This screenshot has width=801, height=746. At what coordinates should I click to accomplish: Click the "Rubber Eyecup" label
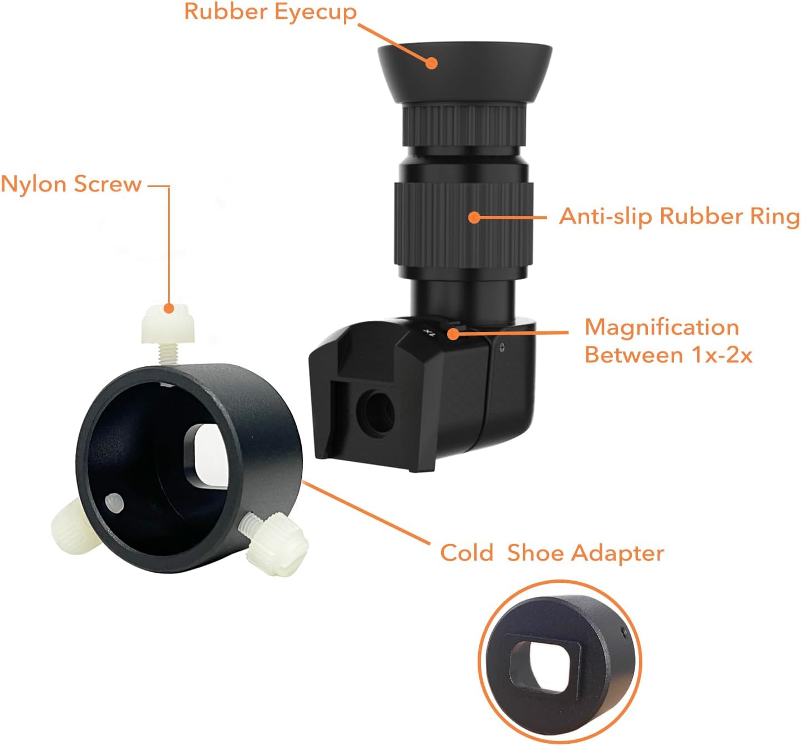click(270, 12)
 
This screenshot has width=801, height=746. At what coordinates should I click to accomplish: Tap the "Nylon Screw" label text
click(71, 184)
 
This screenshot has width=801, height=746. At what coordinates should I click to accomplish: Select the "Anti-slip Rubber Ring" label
click(679, 216)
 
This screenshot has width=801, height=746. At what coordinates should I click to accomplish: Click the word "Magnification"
click(661, 327)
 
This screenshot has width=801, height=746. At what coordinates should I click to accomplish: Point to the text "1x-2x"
click(721, 355)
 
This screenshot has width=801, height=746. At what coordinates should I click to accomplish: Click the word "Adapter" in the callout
click(617, 553)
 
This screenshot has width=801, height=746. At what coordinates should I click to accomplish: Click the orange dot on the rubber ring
click(474, 217)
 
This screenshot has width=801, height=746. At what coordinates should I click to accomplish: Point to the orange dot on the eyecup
click(432, 62)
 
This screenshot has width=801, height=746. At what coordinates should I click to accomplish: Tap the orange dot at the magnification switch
click(454, 334)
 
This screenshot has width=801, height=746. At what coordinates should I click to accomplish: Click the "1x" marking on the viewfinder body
click(428, 332)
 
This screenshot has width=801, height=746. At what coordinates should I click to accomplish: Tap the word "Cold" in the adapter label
click(466, 553)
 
